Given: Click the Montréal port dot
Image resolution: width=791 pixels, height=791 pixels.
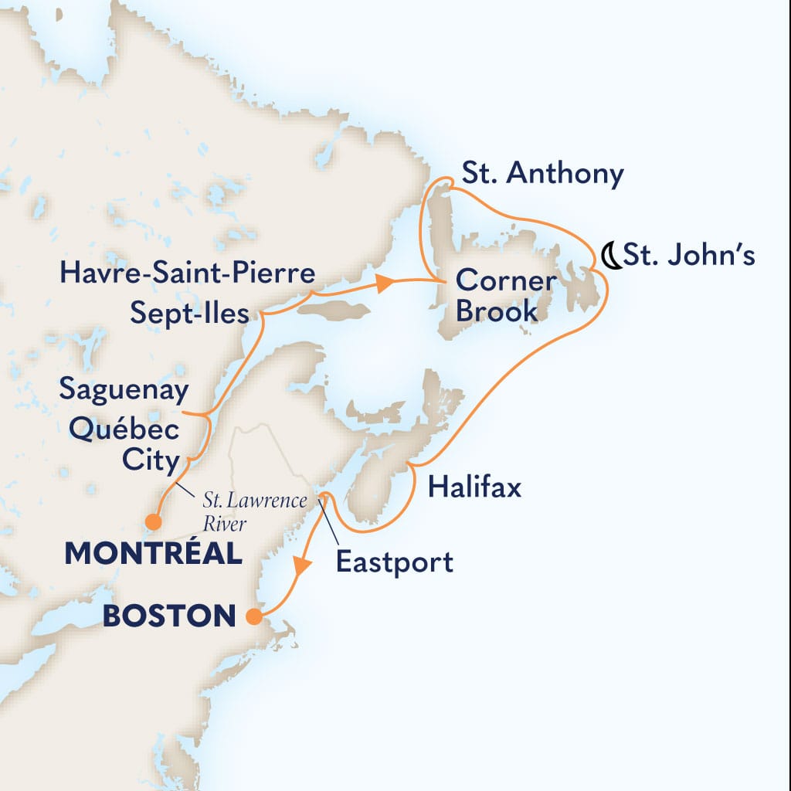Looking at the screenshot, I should (x=154, y=523).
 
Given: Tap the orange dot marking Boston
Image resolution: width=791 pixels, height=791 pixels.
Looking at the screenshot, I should (x=253, y=616).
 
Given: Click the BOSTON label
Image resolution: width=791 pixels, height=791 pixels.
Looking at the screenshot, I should (x=170, y=616).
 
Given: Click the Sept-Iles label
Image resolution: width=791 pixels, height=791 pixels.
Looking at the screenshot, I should (x=189, y=314).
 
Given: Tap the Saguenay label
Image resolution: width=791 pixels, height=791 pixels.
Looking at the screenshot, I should (x=124, y=391).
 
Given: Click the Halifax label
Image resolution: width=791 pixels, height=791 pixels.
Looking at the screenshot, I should (x=474, y=487).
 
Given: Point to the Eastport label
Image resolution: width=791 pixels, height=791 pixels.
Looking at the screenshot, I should (x=395, y=562).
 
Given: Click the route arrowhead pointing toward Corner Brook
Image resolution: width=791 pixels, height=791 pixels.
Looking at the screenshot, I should (x=384, y=283).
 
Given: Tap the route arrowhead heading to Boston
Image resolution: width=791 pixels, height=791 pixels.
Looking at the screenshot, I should (x=300, y=566).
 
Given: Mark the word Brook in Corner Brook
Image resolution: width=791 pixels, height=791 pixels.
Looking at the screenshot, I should (x=496, y=313).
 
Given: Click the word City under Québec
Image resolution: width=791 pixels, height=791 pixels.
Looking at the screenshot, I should (x=151, y=461).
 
